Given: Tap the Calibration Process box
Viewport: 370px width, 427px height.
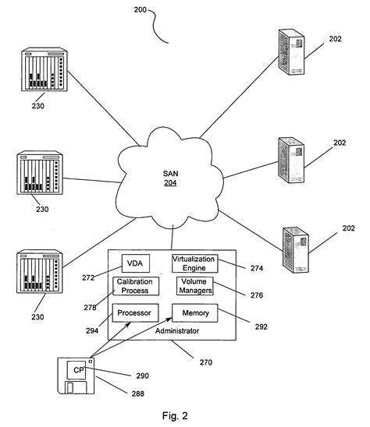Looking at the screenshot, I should pyautogui.click(x=136, y=286).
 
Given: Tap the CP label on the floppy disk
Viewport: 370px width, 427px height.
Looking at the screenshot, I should pyautogui.click(x=78, y=369).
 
